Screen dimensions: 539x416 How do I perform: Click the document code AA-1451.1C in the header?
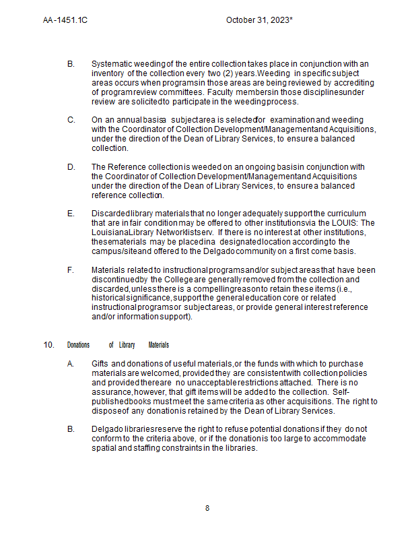click(65, 20)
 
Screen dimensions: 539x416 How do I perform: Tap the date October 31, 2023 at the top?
click(258, 20)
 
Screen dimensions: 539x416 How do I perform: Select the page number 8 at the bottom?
click(207, 508)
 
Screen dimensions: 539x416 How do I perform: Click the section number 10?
click(49, 345)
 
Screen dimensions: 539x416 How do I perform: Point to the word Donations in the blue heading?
click(78, 345)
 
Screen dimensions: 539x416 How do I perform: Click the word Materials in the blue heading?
click(158, 345)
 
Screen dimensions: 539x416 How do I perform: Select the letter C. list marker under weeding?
click(71, 120)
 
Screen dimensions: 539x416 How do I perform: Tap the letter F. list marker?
click(71, 270)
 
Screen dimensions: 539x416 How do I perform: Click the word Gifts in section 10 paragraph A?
click(100, 364)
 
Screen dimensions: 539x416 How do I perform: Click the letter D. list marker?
click(71, 167)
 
